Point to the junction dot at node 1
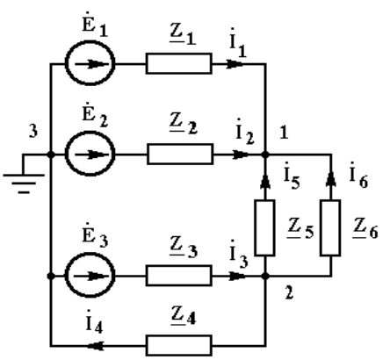click(265, 155)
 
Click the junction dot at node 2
click(265, 276)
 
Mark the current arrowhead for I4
click(96, 346)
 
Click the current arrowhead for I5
click(265, 181)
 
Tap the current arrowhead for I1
click(235, 64)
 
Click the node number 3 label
click(33, 131)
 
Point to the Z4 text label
click(184, 315)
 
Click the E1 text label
click(95, 25)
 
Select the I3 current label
click(239, 254)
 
